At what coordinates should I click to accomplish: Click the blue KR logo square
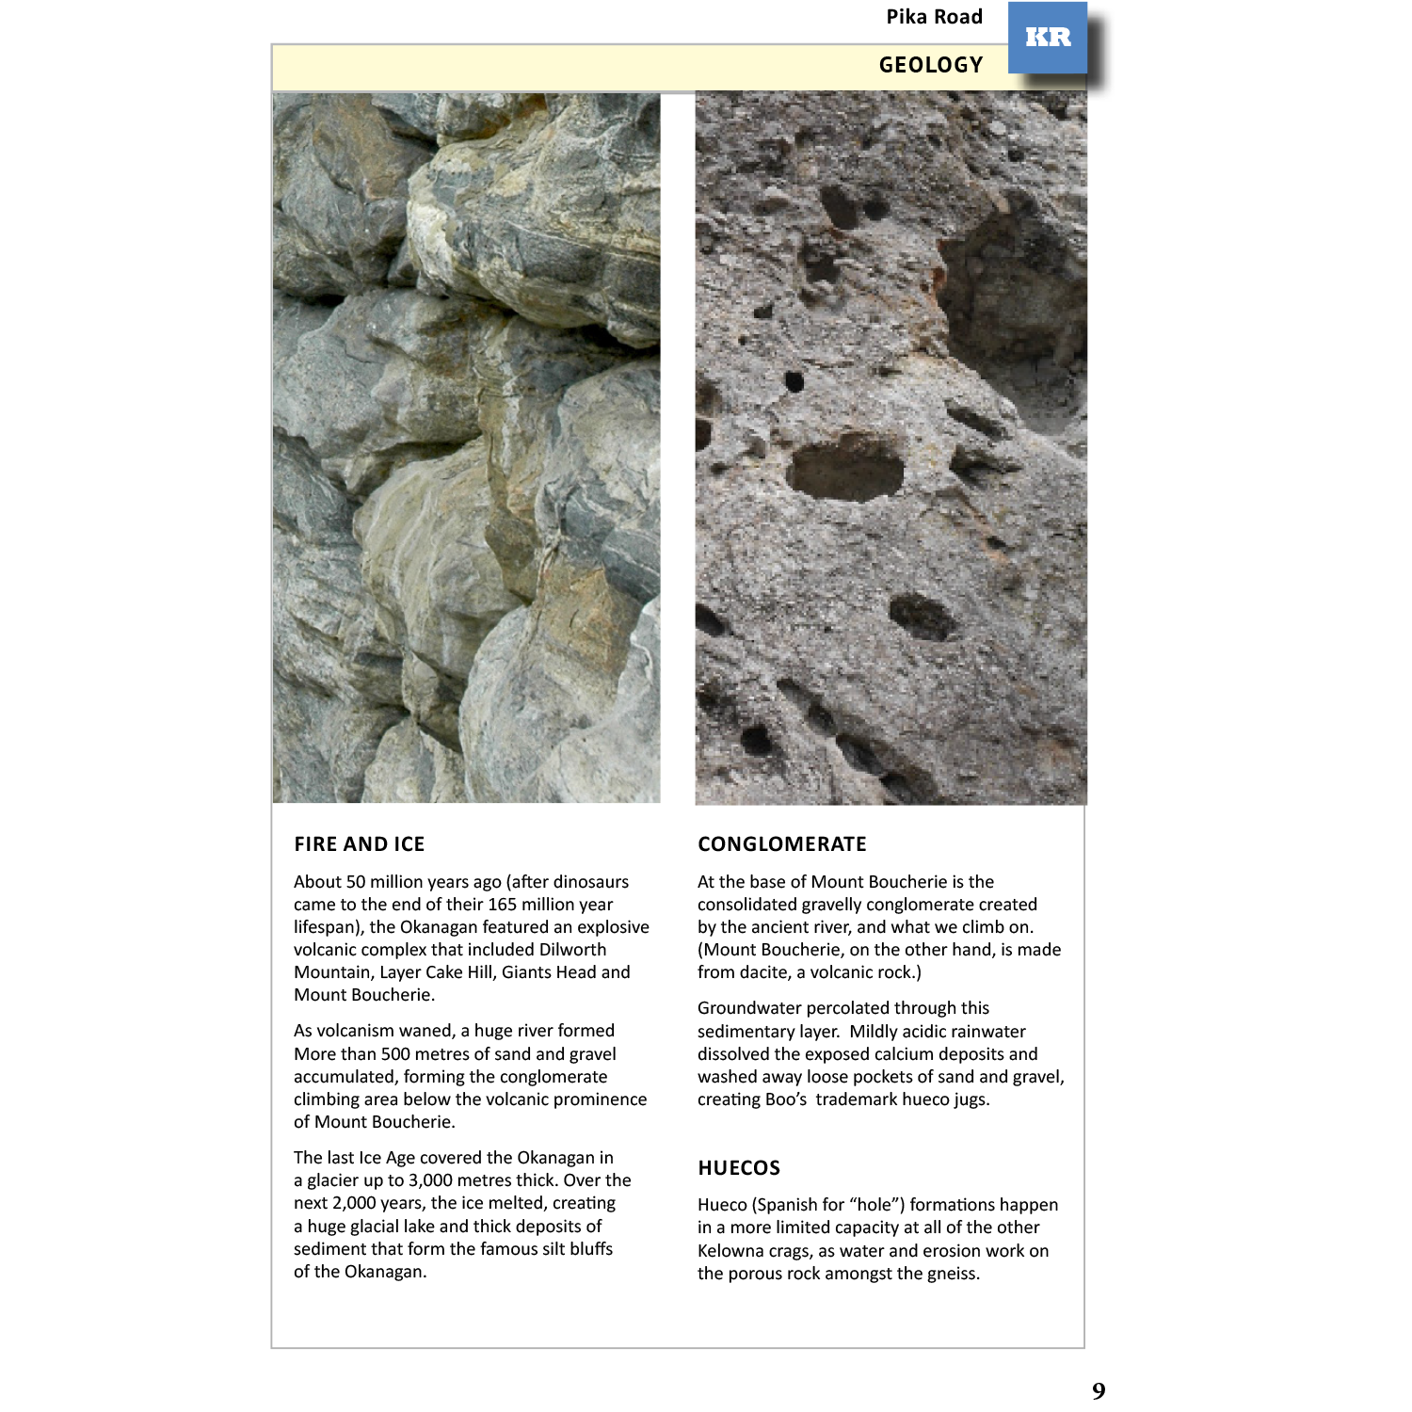point(1047,38)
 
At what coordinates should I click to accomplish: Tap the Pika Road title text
point(934,17)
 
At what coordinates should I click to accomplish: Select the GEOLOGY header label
point(930,65)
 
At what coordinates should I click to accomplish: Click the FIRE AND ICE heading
point(359,844)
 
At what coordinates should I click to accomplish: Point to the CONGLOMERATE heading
point(781,844)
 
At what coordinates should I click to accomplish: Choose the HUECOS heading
point(738,1168)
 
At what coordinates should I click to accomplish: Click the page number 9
point(1099,1390)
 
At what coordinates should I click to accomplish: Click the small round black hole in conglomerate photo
point(794,381)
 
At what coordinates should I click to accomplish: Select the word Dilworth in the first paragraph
point(572,950)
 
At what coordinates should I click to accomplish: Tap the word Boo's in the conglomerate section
point(784,1099)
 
